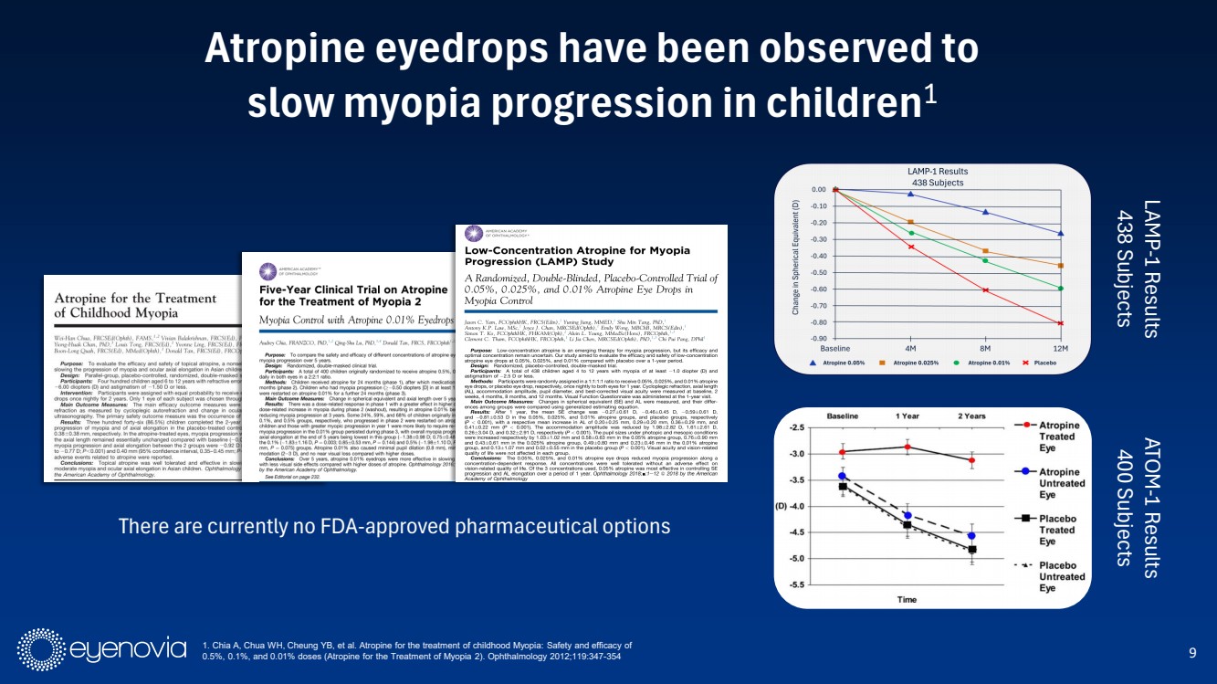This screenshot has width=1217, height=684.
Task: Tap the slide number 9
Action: (x=1192, y=652)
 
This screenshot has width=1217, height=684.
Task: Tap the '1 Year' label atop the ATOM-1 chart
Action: (x=908, y=416)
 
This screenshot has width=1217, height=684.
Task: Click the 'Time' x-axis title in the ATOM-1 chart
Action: (x=907, y=599)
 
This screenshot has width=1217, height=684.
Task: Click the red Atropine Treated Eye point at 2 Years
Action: (x=972, y=460)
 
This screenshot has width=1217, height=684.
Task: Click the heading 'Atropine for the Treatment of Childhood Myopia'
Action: (x=124, y=305)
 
